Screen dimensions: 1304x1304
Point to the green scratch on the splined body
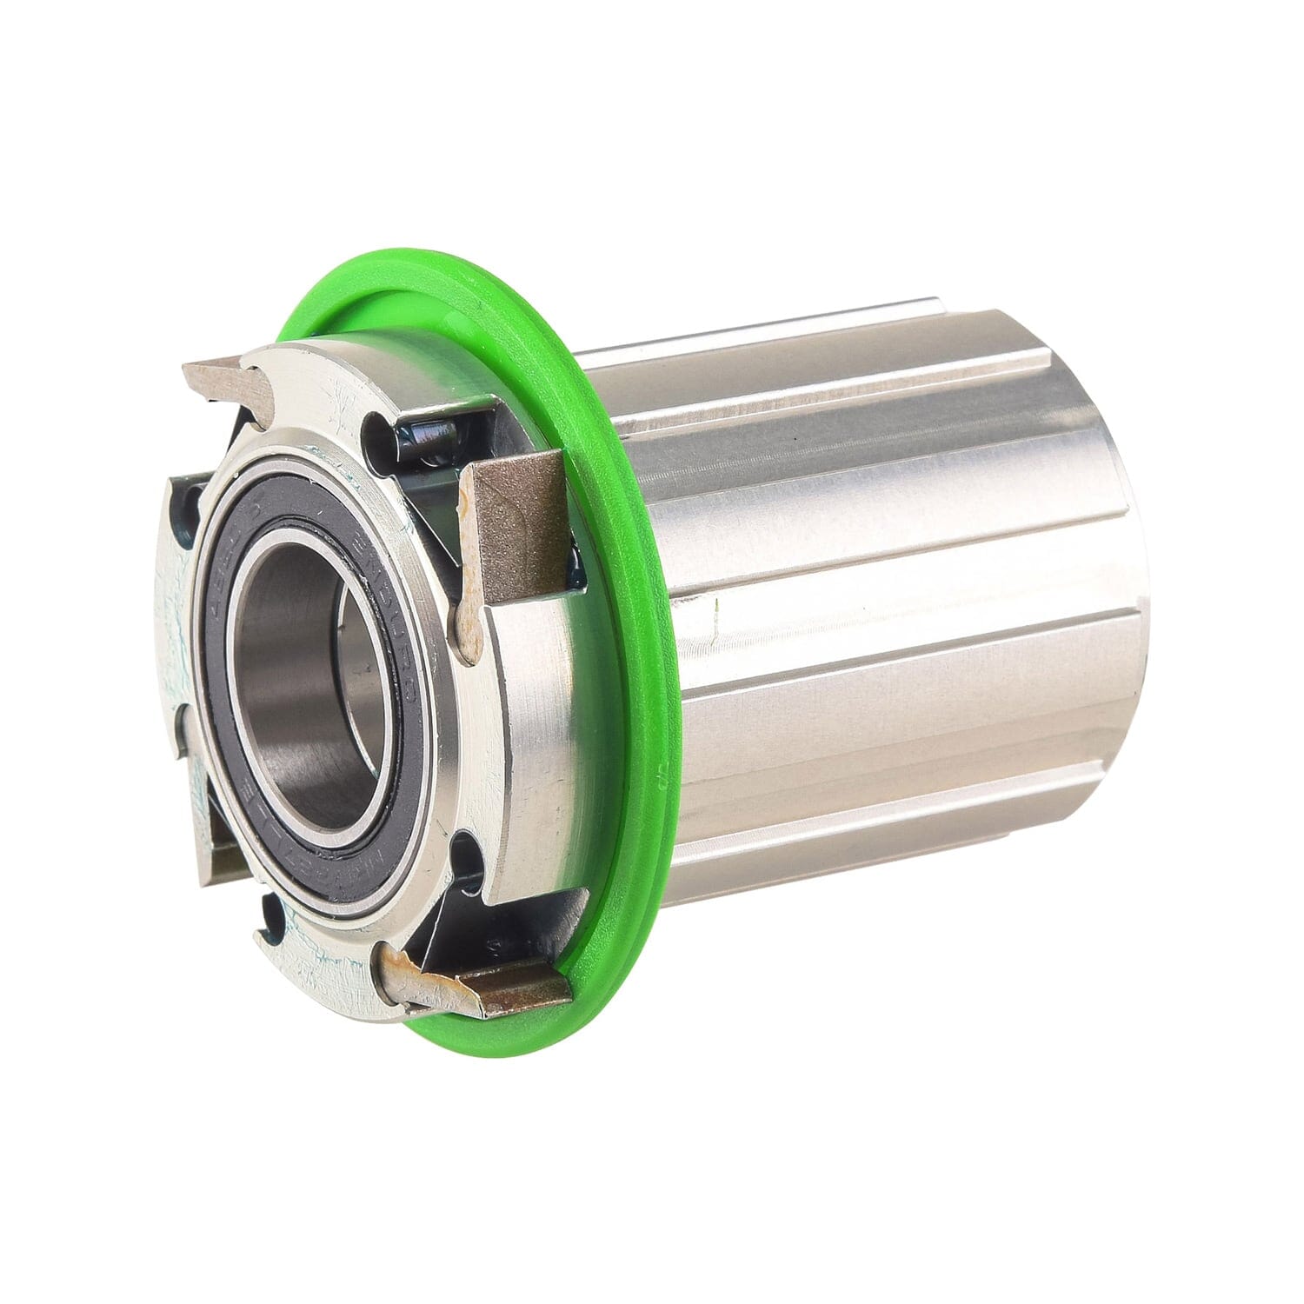point(715,609)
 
